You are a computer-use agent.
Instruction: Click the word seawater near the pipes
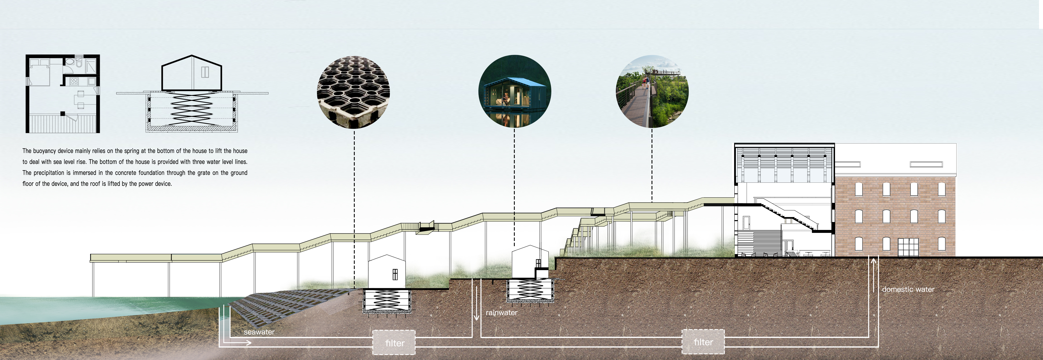(259, 332)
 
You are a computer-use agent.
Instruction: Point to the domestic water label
(908, 290)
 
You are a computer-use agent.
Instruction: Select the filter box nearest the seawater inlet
(394, 343)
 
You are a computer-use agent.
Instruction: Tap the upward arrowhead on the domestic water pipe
(873, 261)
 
